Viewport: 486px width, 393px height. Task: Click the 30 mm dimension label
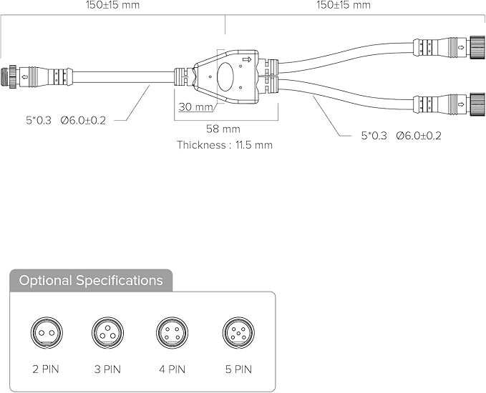[196, 106]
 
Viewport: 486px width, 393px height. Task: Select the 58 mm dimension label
[223, 129]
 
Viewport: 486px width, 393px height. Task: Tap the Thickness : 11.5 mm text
[225, 145]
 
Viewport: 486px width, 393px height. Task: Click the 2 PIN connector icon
[47, 333]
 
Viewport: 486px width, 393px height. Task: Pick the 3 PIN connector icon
[107, 333]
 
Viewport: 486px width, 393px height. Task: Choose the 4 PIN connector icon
[172, 333]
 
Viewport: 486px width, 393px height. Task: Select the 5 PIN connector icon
[238, 333]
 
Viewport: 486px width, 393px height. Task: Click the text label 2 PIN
[46, 369]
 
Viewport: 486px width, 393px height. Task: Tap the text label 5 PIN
[238, 369]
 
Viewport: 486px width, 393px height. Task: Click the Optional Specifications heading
[91, 280]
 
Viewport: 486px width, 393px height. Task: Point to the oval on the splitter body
[225, 77]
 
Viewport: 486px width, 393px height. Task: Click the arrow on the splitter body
[247, 59]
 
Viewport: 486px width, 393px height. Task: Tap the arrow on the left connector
[25, 76]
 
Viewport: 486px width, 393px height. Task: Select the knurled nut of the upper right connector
[477, 47]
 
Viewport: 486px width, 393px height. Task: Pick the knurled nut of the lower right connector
[477, 104]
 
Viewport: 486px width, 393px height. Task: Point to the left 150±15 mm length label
[112, 4]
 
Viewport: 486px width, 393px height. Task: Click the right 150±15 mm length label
[344, 4]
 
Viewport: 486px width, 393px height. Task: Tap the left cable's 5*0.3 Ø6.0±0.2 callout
[66, 120]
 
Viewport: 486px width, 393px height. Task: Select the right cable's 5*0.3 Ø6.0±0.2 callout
[401, 136]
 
